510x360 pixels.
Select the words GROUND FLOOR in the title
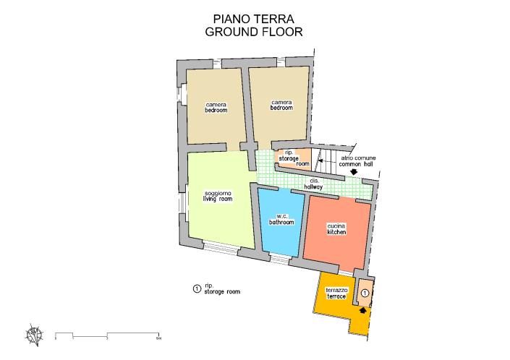(x=252, y=32)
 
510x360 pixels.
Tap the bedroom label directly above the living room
(x=216, y=108)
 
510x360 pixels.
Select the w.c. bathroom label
(x=281, y=220)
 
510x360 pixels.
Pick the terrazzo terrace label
(x=337, y=293)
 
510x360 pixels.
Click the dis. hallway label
(x=314, y=184)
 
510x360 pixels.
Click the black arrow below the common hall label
(x=353, y=172)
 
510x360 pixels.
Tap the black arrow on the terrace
(x=362, y=308)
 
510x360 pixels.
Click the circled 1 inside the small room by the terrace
(x=365, y=293)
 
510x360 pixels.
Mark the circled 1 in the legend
(x=196, y=289)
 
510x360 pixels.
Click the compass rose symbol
(x=35, y=335)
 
